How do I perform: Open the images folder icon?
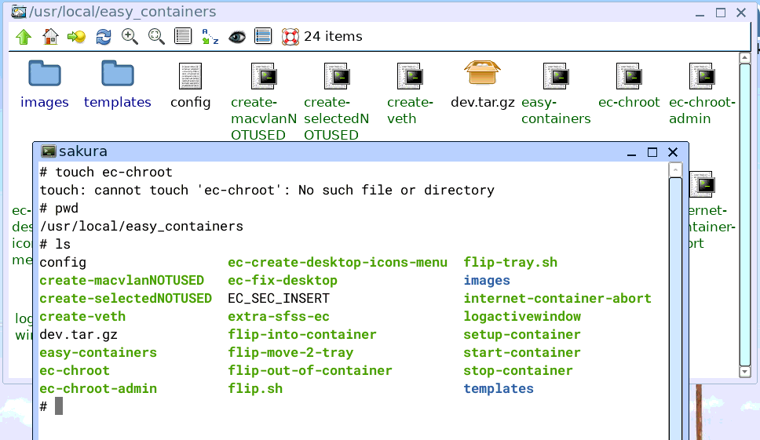45,74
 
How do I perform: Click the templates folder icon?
117,74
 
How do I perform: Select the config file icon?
190,76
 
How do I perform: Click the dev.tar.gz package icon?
482,73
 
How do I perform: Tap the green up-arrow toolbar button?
24,37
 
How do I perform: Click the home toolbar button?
50,36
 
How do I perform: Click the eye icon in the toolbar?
237,37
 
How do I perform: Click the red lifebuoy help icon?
290,37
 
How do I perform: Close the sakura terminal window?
673,152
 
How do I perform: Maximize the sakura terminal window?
652,152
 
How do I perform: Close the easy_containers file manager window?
741,13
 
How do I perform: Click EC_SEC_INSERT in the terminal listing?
279,298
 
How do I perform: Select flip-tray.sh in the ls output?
510,263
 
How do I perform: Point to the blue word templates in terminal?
499,389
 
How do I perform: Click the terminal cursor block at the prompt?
59,406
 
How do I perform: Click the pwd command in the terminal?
67,209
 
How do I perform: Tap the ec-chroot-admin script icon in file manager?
702,76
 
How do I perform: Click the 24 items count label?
333,36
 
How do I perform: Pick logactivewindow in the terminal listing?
522,317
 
